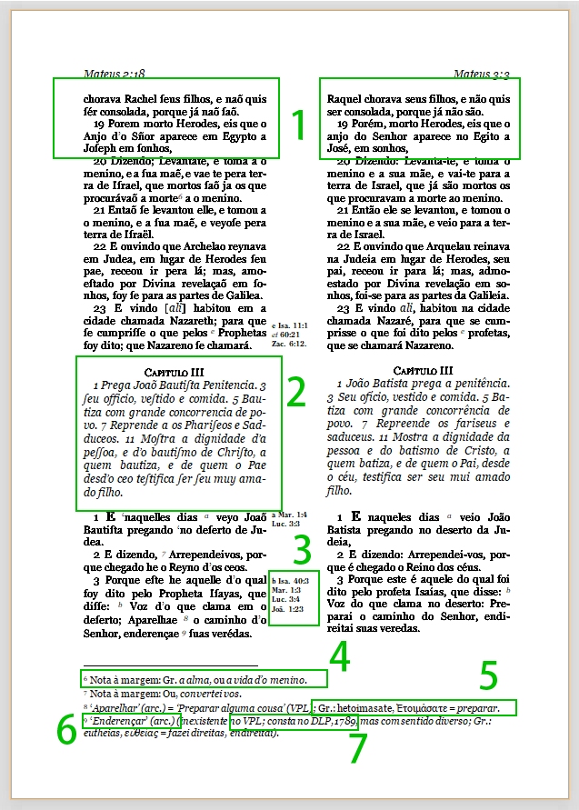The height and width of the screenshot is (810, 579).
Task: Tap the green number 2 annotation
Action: (x=295, y=391)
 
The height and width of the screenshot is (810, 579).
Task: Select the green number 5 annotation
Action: (x=489, y=675)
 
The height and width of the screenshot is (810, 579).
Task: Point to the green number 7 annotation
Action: (x=357, y=748)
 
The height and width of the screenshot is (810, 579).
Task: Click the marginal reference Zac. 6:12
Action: (x=289, y=345)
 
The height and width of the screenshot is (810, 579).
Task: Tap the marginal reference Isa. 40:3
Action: (x=292, y=579)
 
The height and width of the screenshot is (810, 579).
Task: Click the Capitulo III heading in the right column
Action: (x=422, y=370)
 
